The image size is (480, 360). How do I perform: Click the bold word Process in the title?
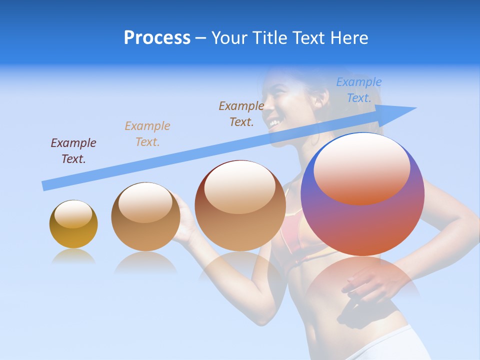tap(157, 38)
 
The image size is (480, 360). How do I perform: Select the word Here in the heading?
tap(349, 38)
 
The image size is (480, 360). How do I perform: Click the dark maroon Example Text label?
tap(73, 151)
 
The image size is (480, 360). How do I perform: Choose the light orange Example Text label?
tap(147, 134)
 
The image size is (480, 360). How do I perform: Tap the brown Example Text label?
tap(241, 114)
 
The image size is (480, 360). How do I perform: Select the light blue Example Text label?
tap(359, 90)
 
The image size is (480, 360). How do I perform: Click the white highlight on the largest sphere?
tap(361, 167)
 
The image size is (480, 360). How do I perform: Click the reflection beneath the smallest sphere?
tap(73, 257)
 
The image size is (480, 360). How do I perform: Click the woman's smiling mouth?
tap(273, 122)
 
